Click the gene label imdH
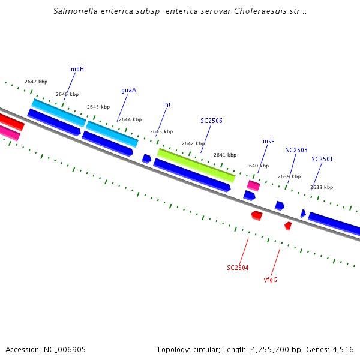pos(76,69)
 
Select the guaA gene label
pos(128,90)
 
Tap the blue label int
pos(167,104)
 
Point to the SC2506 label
pos(211,121)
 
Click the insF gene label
pos(268,141)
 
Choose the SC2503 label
pos(296,150)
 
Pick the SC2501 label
pos(322,159)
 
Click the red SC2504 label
pos(238,268)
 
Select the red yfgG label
pos(271,280)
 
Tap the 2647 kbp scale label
pos(36,82)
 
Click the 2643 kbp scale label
pos(161,131)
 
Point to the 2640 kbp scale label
pos(257,166)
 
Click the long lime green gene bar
pos(196,165)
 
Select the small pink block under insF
pos(254,185)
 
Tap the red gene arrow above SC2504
pos(257,215)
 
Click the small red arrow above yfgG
pos(288,226)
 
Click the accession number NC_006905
pos(64,349)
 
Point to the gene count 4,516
pos(341,349)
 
